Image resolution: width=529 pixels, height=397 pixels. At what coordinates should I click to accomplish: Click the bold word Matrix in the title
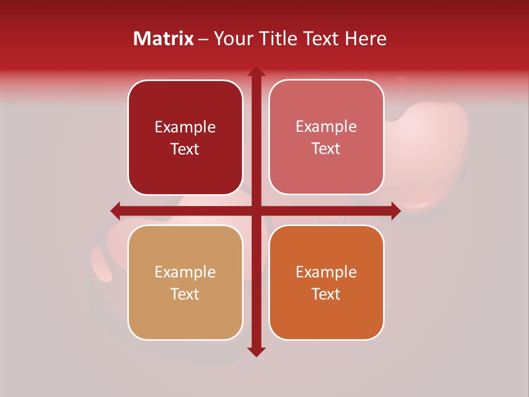pyautogui.click(x=164, y=39)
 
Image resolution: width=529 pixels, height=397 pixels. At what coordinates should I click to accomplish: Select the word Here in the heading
pyautogui.click(x=365, y=39)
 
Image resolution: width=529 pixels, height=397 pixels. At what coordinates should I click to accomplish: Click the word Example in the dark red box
pyautogui.click(x=185, y=127)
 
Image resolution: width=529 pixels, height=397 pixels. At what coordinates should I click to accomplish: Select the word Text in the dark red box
pyautogui.click(x=185, y=149)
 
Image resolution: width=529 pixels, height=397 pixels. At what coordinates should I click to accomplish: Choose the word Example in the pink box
pyautogui.click(x=326, y=127)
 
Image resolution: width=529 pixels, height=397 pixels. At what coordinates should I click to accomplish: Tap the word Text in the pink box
pyautogui.click(x=326, y=148)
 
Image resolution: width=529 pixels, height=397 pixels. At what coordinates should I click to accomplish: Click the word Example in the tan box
pyautogui.click(x=185, y=272)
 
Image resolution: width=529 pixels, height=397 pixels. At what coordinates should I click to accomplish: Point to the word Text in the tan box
pyautogui.click(x=185, y=294)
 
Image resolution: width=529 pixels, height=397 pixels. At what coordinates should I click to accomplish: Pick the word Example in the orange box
pyautogui.click(x=326, y=272)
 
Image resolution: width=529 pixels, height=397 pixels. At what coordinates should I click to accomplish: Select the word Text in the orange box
pyautogui.click(x=326, y=294)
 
